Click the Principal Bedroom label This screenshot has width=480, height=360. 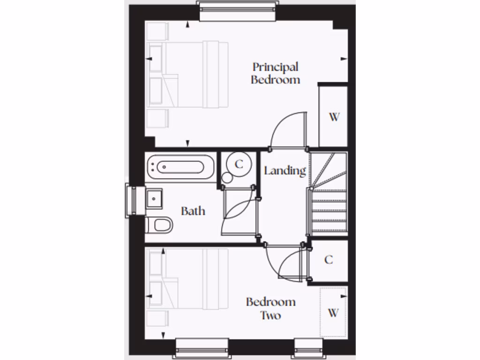(275, 73)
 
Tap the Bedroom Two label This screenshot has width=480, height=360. (270, 308)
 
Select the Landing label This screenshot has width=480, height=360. (285, 171)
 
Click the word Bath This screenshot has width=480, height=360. (193, 211)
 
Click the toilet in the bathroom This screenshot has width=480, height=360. (160, 225)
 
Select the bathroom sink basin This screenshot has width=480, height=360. (154, 199)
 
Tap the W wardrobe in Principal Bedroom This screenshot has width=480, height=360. (333, 117)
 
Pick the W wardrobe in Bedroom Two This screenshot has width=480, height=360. (333, 313)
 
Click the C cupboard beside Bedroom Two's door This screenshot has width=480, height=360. (329, 260)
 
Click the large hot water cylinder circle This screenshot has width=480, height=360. (239, 164)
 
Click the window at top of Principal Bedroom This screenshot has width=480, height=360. (237, 11)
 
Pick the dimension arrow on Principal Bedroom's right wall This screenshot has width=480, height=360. (344, 59)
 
